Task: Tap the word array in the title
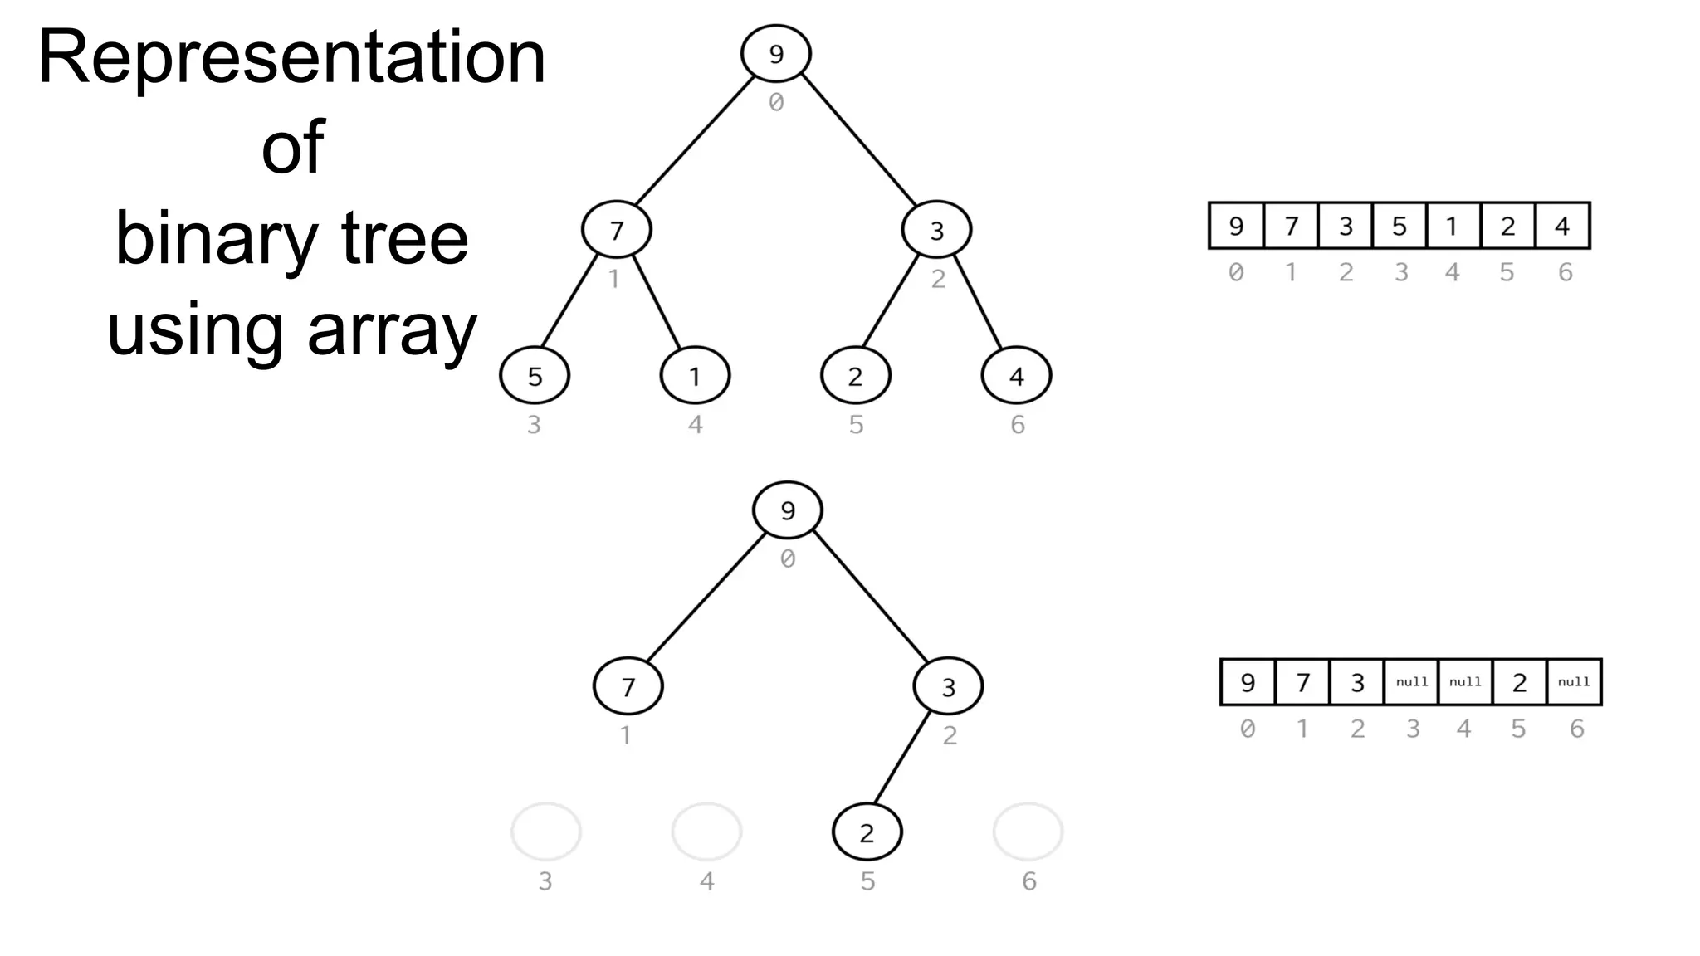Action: point(392,329)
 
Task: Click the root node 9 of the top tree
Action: point(776,54)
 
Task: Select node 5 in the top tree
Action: point(535,376)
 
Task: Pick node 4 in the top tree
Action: point(1016,376)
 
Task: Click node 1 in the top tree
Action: point(695,376)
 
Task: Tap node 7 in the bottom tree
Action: point(628,686)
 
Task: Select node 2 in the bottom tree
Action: point(867,832)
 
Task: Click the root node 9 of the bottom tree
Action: point(788,510)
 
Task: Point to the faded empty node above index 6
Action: point(1028,832)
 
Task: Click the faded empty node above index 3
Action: point(546,832)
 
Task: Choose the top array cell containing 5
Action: point(1400,226)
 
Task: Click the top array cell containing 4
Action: point(1562,226)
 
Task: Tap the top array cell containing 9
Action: point(1236,226)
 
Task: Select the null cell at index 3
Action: point(1411,682)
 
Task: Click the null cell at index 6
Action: point(1574,682)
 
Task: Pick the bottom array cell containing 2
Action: point(1519,682)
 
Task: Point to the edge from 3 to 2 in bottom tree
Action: point(902,757)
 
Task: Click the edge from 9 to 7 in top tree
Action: point(695,141)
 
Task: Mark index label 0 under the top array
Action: point(1236,272)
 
